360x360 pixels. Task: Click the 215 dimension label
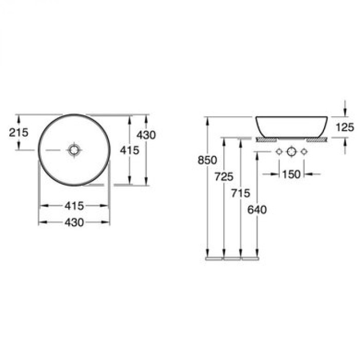coord(19,132)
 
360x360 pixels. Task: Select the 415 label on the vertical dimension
coord(129,150)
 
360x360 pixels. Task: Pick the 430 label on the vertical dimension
coord(147,135)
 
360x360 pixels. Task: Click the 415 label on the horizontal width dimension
coord(75,206)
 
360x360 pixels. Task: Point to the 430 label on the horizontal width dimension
coord(75,222)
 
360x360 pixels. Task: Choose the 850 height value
coord(207,160)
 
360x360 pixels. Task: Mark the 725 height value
coord(224,177)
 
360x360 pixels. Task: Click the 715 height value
coord(241,193)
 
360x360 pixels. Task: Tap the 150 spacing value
coord(291,174)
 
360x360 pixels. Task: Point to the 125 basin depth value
coord(344,127)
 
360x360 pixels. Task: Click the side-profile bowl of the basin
coord(292,127)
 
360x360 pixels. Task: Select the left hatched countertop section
coord(266,139)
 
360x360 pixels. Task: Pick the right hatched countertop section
coord(317,139)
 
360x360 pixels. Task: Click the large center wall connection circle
coord(291,152)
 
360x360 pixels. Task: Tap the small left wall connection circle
coord(279,152)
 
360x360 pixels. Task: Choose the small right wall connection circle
coord(304,152)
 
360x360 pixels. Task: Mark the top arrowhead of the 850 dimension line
coord(207,119)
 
